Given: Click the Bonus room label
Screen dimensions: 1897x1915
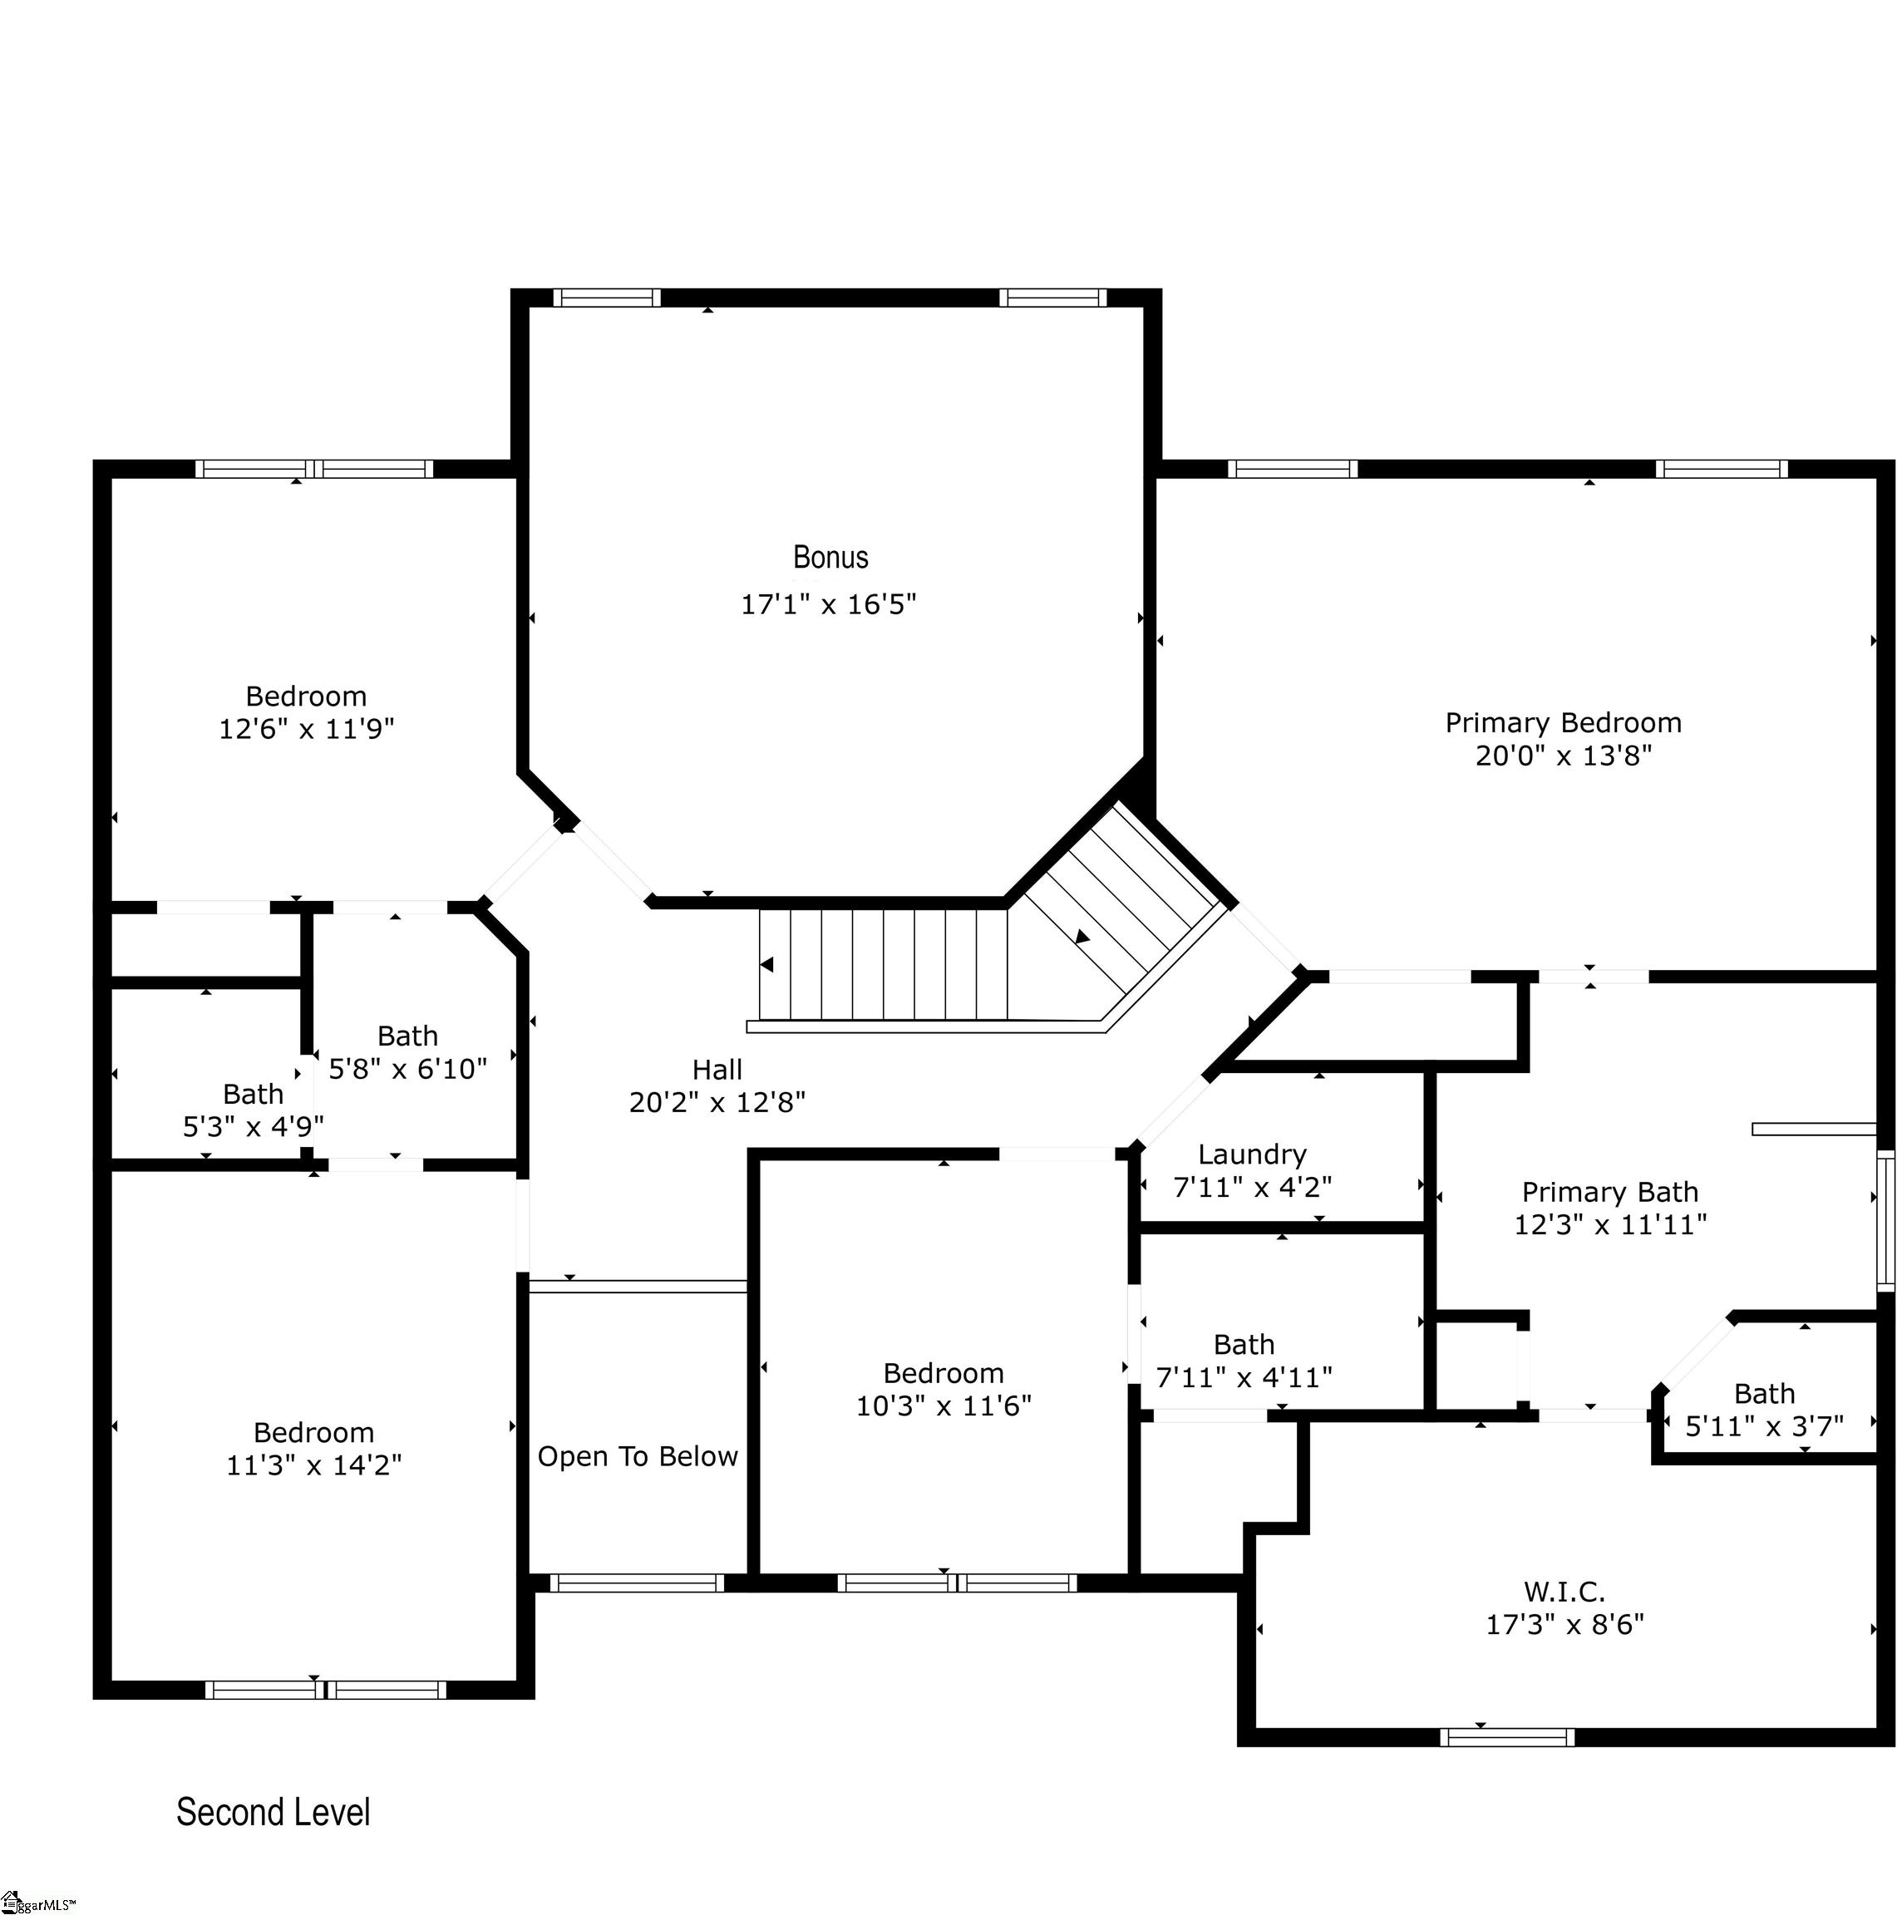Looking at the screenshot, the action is (x=830, y=557).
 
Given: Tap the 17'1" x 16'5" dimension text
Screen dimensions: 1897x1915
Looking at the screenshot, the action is (x=829, y=603).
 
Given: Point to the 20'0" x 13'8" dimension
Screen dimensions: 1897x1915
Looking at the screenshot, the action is (x=1563, y=756).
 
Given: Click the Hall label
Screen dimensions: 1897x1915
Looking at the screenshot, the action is (x=717, y=1070).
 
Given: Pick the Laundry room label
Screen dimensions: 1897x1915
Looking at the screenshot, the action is (x=1252, y=1154).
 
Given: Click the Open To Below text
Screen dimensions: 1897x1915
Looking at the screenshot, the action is (x=638, y=1456).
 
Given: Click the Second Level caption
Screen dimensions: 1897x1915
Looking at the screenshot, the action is (x=273, y=1812).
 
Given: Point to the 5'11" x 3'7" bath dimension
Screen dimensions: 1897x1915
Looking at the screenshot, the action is (x=1764, y=1426).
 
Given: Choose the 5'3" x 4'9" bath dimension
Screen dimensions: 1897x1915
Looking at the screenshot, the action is (x=254, y=1126).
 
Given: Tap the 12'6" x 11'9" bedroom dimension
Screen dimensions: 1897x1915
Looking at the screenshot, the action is (x=306, y=729).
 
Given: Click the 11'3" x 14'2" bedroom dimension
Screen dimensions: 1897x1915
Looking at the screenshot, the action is (x=314, y=1465).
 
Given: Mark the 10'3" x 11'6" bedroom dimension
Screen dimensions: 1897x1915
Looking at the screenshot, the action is (x=944, y=1405).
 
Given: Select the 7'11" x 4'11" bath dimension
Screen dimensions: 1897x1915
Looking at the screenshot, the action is (x=1244, y=1376).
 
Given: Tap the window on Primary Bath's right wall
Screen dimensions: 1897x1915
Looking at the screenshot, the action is (x=1885, y=1220).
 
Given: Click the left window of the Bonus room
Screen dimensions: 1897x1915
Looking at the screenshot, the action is (x=607, y=298).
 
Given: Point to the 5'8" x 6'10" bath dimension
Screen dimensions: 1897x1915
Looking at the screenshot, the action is (x=407, y=1069).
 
